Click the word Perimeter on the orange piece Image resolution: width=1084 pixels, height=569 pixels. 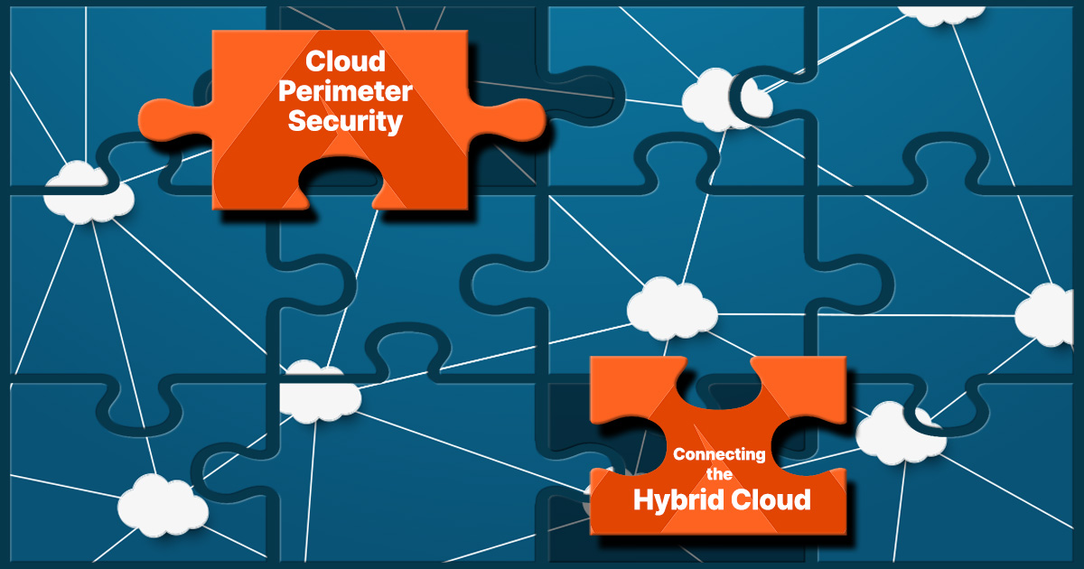(345, 91)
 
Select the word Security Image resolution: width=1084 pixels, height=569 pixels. (345, 121)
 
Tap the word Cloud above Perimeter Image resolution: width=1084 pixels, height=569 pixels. (345, 61)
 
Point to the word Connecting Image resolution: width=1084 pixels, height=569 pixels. (719, 453)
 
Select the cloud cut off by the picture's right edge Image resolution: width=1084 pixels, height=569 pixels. (1052, 315)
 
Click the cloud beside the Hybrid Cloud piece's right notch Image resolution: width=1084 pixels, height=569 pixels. (894, 432)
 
